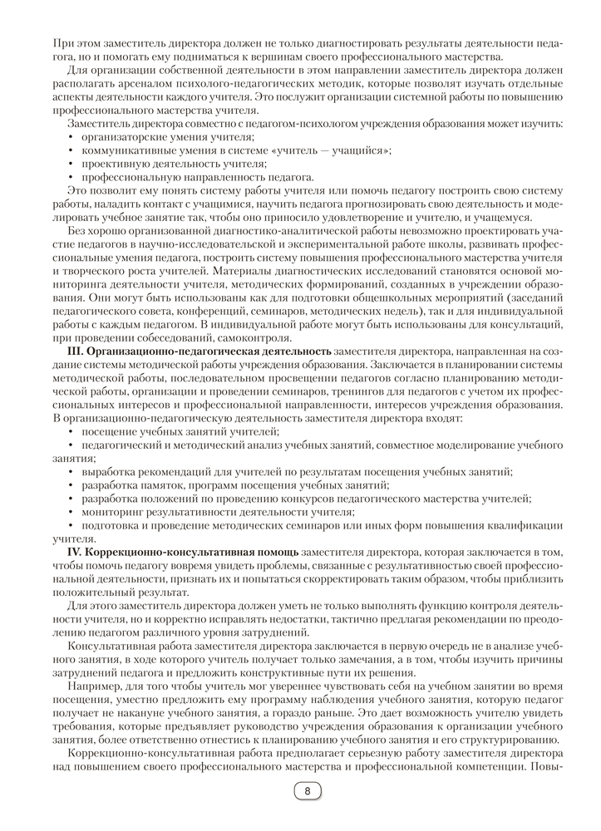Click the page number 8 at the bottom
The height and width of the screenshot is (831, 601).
[x=307, y=790]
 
